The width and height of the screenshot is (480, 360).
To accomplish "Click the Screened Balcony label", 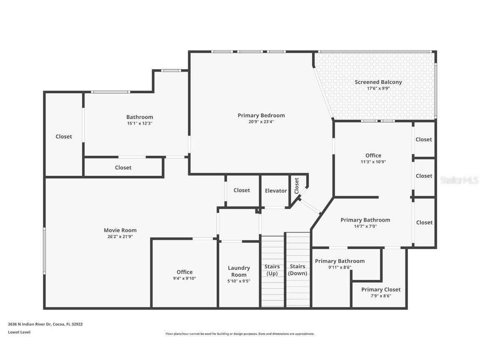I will [378, 82].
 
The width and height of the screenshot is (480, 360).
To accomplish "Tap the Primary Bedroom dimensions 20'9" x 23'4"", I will [261, 122].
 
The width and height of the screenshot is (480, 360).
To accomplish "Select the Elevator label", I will [276, 191].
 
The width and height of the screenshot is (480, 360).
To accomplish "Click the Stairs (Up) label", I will [272, 270].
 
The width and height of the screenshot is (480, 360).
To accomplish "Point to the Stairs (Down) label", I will [297, 270].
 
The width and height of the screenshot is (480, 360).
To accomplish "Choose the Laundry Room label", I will [239, 271].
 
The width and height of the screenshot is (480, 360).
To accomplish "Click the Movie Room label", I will [120, 230].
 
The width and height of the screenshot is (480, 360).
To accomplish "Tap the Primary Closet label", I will [381, 290].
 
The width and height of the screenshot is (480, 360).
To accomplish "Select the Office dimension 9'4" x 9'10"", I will [185, 278].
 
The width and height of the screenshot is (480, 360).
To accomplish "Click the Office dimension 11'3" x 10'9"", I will [373, 162].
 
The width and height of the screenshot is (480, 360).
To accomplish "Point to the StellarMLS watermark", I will [459, 180].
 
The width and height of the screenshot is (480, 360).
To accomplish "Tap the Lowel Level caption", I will [19, 332].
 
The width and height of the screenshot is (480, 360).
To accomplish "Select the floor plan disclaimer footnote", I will [240, 334].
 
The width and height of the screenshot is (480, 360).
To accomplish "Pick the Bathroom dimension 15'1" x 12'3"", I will [140, 123].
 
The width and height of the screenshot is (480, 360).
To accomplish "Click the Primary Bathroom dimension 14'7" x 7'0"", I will [365, 226].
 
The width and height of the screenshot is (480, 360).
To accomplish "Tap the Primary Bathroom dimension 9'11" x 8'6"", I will [340, 267].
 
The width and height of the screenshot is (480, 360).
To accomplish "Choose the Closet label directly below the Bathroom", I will [123, 167].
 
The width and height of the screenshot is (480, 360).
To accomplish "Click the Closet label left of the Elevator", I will [242, 190].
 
